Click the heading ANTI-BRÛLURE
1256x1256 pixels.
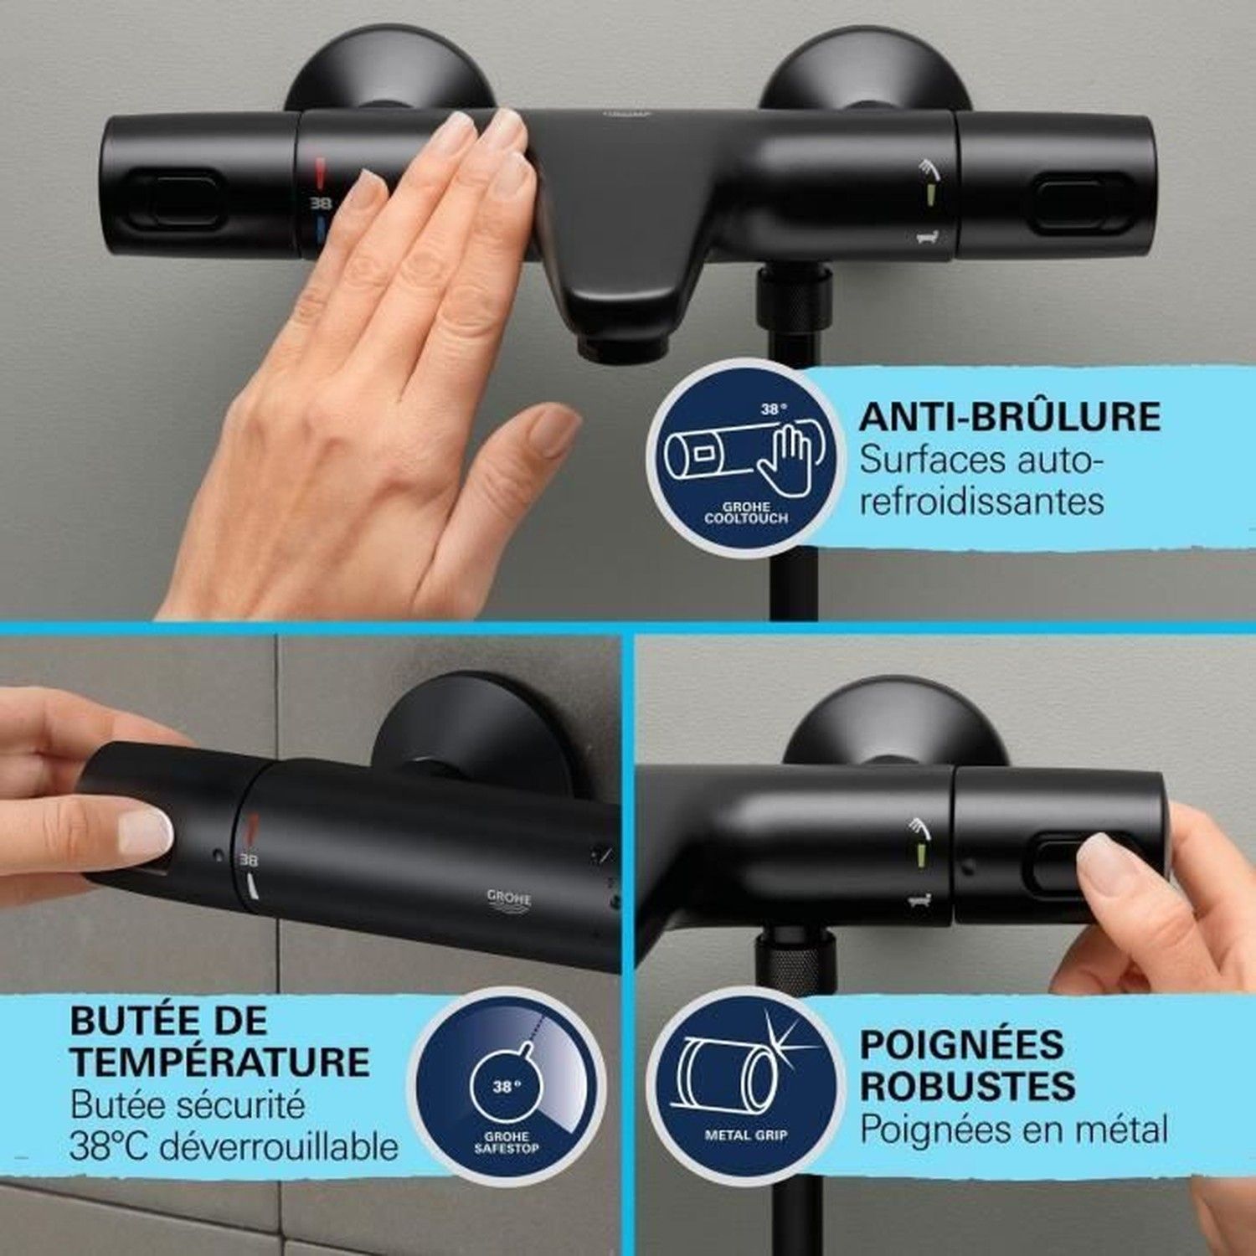click(1010, 416)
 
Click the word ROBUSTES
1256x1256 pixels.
click(967, 1086)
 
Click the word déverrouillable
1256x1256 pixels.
click(278, 1146)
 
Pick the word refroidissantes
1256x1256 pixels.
click(981, 501)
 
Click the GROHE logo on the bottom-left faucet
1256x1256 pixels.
click(509, 898)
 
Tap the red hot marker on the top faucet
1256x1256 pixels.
click(322, 173)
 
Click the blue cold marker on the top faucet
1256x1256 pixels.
click(323, 228)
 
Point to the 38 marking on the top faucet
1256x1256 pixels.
click(322, 203)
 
